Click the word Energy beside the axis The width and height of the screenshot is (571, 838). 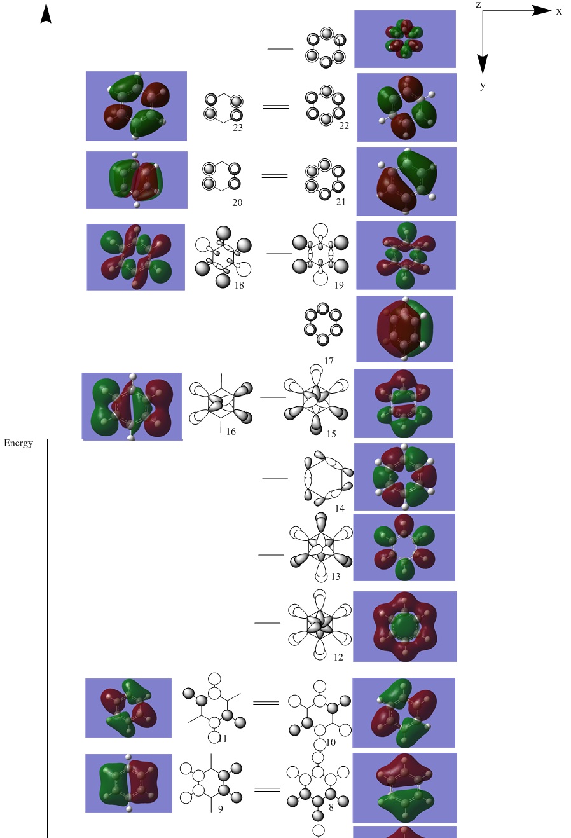(18, 443)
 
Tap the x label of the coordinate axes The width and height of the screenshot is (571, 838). (559, 11)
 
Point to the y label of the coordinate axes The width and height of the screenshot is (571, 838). (483, 85)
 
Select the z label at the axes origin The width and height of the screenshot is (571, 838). (478, 4)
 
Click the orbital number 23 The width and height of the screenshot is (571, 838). (238, 127)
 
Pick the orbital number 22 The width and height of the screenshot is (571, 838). (344, 126)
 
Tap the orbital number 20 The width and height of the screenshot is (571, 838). (237, 203)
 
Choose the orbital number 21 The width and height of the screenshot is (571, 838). (341, 202)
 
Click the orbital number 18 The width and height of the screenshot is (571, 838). (239, 285)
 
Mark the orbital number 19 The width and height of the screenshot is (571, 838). (339, 285)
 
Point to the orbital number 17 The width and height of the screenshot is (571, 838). (329, 361)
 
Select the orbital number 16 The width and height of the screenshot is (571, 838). (231, 432)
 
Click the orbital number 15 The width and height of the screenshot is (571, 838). (331, 434)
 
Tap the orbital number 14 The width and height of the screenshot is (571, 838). (340, 509)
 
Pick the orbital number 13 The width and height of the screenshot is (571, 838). (336, 577)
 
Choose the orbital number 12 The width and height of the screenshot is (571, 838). (338, 657)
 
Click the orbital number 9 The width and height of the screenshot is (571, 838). (221, 809)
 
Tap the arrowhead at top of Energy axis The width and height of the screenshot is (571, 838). (46, 13)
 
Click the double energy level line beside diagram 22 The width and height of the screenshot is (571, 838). (276, 106)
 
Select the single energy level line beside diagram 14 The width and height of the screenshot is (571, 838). (275, 479)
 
